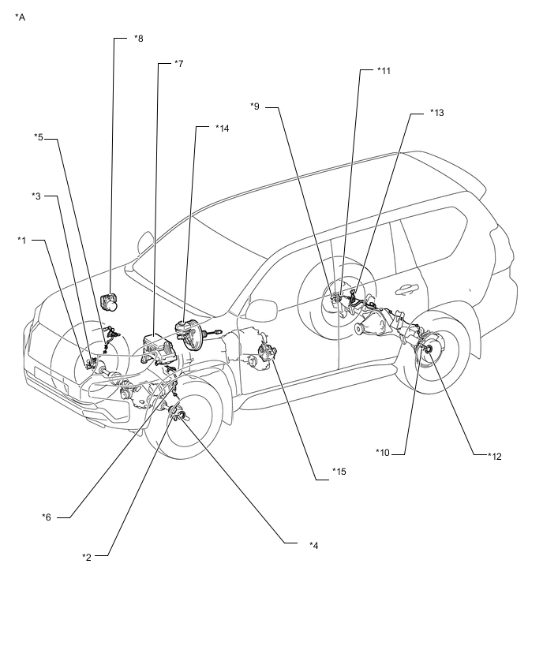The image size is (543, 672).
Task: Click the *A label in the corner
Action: pyautogui.click(x=21, y=17)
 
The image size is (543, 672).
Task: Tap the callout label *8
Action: pyautogui.click(x=139, y=38)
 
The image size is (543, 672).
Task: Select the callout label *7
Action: pyautogui.click(x=179, y=63)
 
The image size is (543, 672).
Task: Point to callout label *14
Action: pyautogui.click(x=223, y=128)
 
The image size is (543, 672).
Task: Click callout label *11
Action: pyautogui.click(x=384, y=71)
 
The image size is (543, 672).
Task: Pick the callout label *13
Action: pyautogui.click(x=437, y=112)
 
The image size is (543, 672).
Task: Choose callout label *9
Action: pyautogui.click(x=255, y=106)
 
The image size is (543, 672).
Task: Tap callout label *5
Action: pyautogui.click(x=39, y=137)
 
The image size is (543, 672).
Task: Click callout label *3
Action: pyautogui.click(x=36, y=196)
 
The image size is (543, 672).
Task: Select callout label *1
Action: pyautogui.click(x=22, y=240)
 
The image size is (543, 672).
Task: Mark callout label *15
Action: pyautogui.click(x=339, y=472)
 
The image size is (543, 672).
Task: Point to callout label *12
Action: pyautogui.click(x=495, y=457)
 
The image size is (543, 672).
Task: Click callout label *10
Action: pyautogui.click(x=383, y=453)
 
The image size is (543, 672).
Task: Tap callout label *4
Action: pyautogui.click(x=314, y=546)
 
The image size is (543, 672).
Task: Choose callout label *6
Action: pyautogui.click(x=47, y=517)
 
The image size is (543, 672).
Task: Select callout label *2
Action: pyautogui.click(x=87, y=557)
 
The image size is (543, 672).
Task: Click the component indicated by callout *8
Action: pyautogui.click(x=110, y=301)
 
